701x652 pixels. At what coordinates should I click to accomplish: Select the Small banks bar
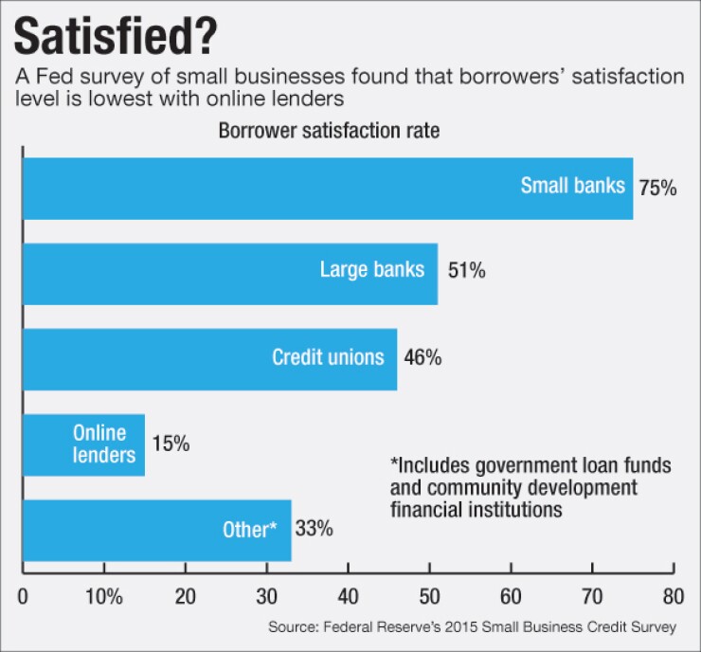tap(327, 188)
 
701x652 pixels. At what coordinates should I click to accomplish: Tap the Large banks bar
tap(229, 273)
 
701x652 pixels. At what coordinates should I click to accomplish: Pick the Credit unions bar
tap(209, 358)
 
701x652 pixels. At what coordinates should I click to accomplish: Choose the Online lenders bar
tap(83, 444)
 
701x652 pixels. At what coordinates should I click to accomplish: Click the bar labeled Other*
tap(156, 530)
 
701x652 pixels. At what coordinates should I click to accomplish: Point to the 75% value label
tap(657, 188)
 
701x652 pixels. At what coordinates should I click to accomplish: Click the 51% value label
tap(465, 272)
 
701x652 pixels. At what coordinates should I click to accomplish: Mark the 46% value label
tap(422, 358)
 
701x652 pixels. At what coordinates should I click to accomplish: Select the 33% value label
tap(315, 529)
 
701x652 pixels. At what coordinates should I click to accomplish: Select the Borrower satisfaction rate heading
tap(329, 132)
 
